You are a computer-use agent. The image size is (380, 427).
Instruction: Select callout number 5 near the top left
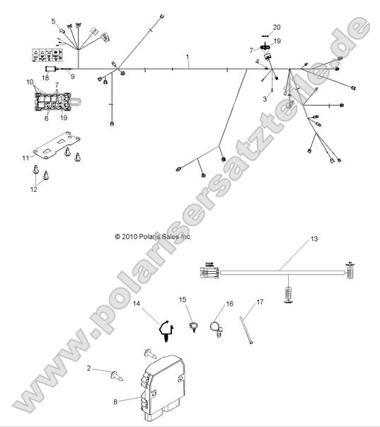pos(53,21)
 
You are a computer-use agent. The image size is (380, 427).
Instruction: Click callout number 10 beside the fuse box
pos(30,82)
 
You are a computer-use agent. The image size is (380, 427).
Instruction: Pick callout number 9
pos(71,75)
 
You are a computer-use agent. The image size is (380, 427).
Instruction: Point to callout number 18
pos(45,77)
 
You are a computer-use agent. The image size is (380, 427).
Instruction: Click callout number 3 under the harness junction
pos(265,98)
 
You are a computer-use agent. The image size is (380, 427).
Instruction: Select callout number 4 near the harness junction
pos(257,62)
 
